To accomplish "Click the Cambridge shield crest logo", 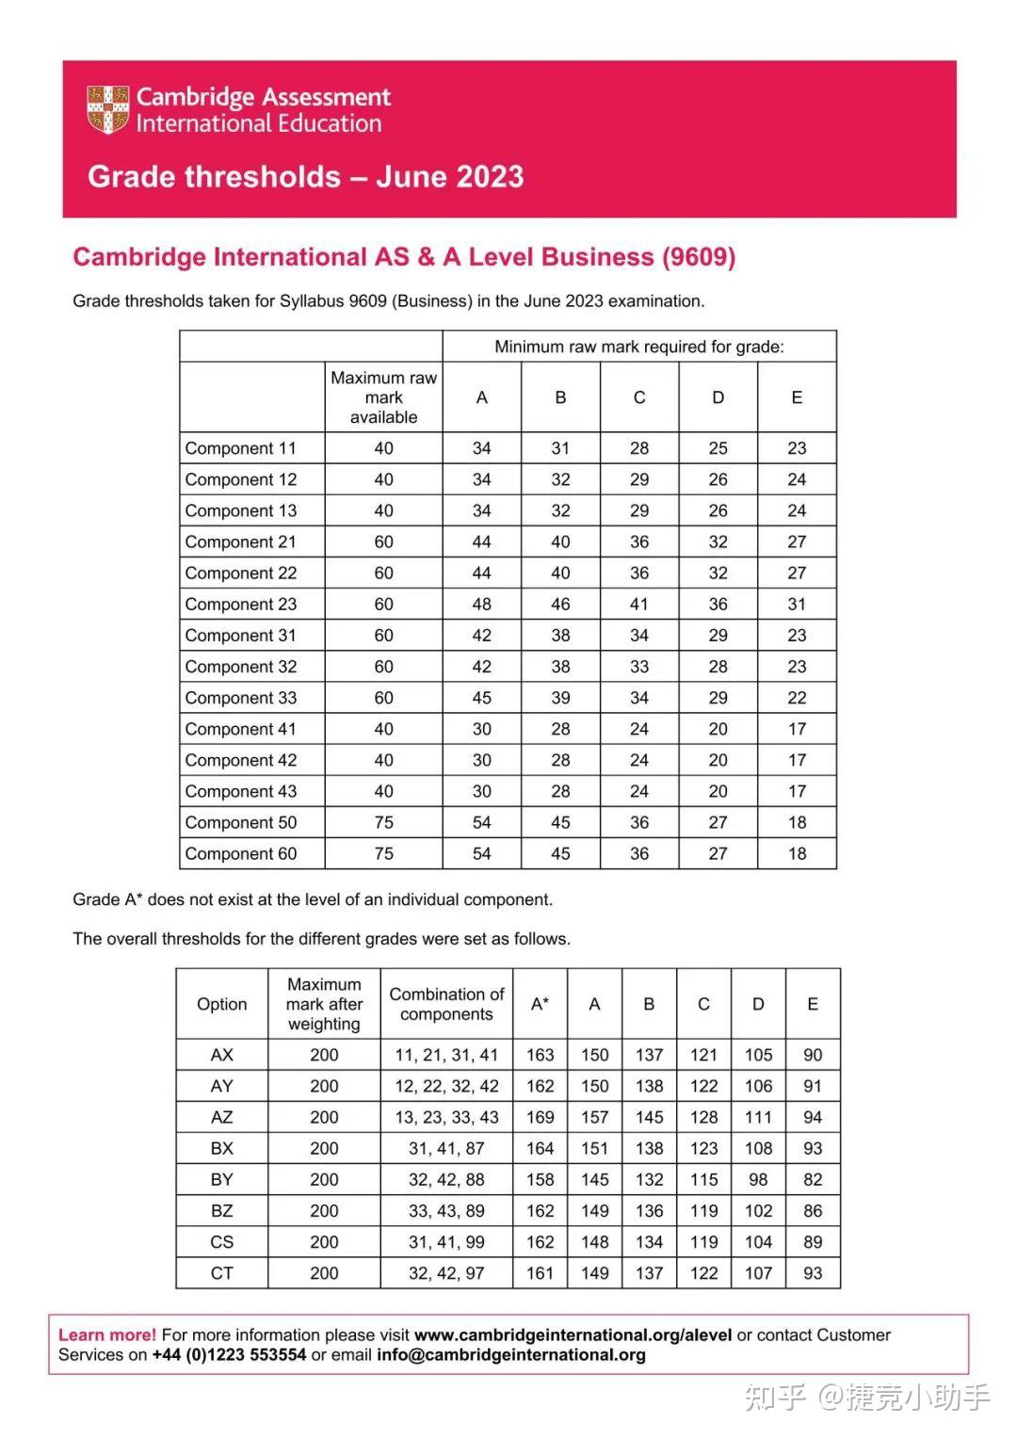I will pos(107,109).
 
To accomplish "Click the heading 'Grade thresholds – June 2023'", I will pos(305,177).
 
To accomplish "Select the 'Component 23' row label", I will pos(241,605).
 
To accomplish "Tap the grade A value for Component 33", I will pos(481,698).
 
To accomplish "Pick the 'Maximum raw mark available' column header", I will pos(383,397).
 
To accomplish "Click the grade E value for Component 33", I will pos(797,698).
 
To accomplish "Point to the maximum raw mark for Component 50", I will pos(383,822).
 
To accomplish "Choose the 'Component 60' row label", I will pos(241,854).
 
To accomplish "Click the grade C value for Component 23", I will pos(638,605).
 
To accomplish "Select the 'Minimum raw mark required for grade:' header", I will pos(638,347).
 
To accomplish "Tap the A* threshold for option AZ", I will pos(540,1117).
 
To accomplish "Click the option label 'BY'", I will pos(221,1179).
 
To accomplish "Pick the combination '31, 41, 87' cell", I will pos(446,1148).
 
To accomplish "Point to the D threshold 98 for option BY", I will pos(758,1179).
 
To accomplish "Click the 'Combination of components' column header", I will pos(446,1004).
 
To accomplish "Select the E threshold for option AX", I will pos(813,1055).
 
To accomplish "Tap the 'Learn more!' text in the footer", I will pos(107,1334).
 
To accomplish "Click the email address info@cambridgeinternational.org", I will pos(511,1355).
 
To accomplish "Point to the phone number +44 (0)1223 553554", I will pos(229,1355).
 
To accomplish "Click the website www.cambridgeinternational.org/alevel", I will pos(573,1334).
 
